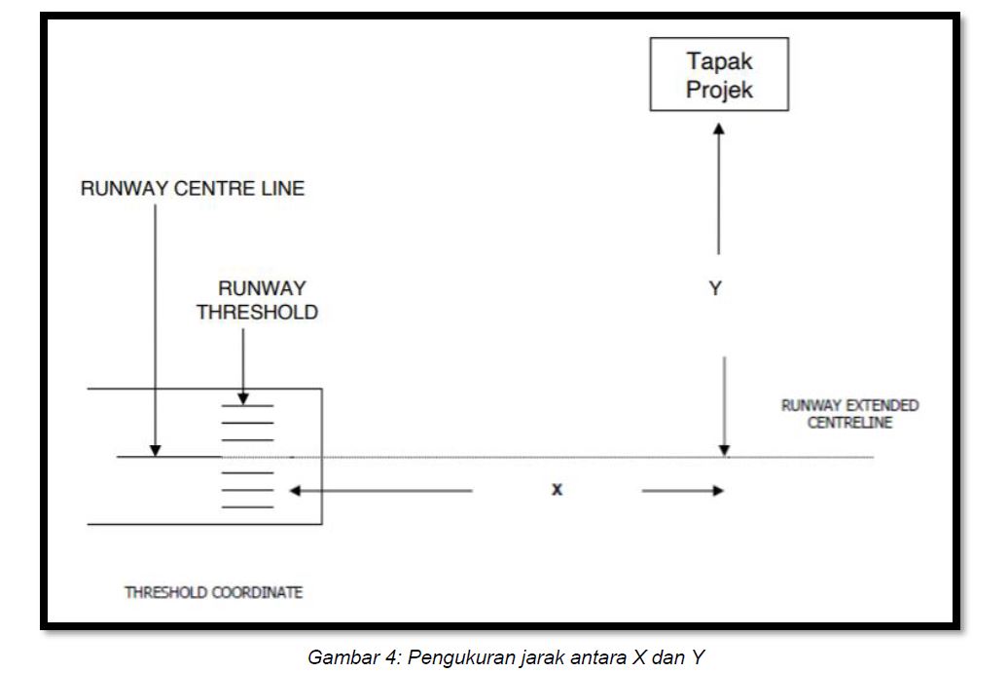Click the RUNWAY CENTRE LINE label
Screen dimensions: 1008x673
[x=193, y=189]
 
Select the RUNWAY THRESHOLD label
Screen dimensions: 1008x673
[x=257, y=300]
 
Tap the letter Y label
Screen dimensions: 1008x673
[x=715, y=287]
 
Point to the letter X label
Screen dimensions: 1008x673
[x=557, y=490]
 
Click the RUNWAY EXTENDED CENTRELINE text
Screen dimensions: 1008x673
[x=849, y=414]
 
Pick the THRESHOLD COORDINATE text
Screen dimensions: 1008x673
[x=213, y=592]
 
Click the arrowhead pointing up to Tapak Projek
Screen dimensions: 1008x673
[x=719, y=129]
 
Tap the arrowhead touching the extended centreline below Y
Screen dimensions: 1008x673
[x=725, y=451]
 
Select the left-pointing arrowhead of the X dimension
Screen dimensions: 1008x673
[x=295, y=491]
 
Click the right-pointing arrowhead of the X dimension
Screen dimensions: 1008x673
[x=718, y=491]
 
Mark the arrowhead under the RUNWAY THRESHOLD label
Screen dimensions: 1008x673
[x=243, y=399]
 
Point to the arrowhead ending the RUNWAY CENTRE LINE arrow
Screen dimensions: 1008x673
[x=155, y=450]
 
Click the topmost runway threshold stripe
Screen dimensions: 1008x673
[x=247, y=406]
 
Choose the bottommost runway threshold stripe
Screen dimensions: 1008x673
[x=247, y=507]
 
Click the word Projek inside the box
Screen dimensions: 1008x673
[x=719, y=90]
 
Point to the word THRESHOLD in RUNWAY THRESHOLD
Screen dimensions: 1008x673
[x=257, y=312]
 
